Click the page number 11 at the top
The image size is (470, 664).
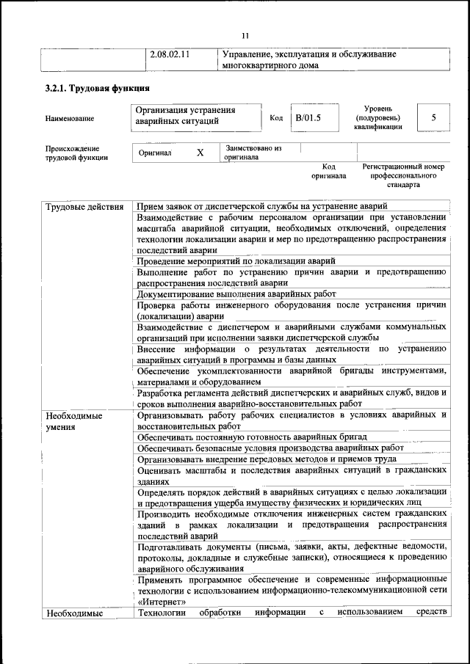point(245,35)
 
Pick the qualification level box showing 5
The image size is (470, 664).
point(433,117)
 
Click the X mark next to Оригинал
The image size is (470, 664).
point(200,153)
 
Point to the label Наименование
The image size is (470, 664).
point(69,117)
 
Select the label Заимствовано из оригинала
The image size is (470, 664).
point(253,152)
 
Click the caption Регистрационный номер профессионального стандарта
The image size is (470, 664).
point(403,176)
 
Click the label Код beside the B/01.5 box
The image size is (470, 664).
point(276,118)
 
